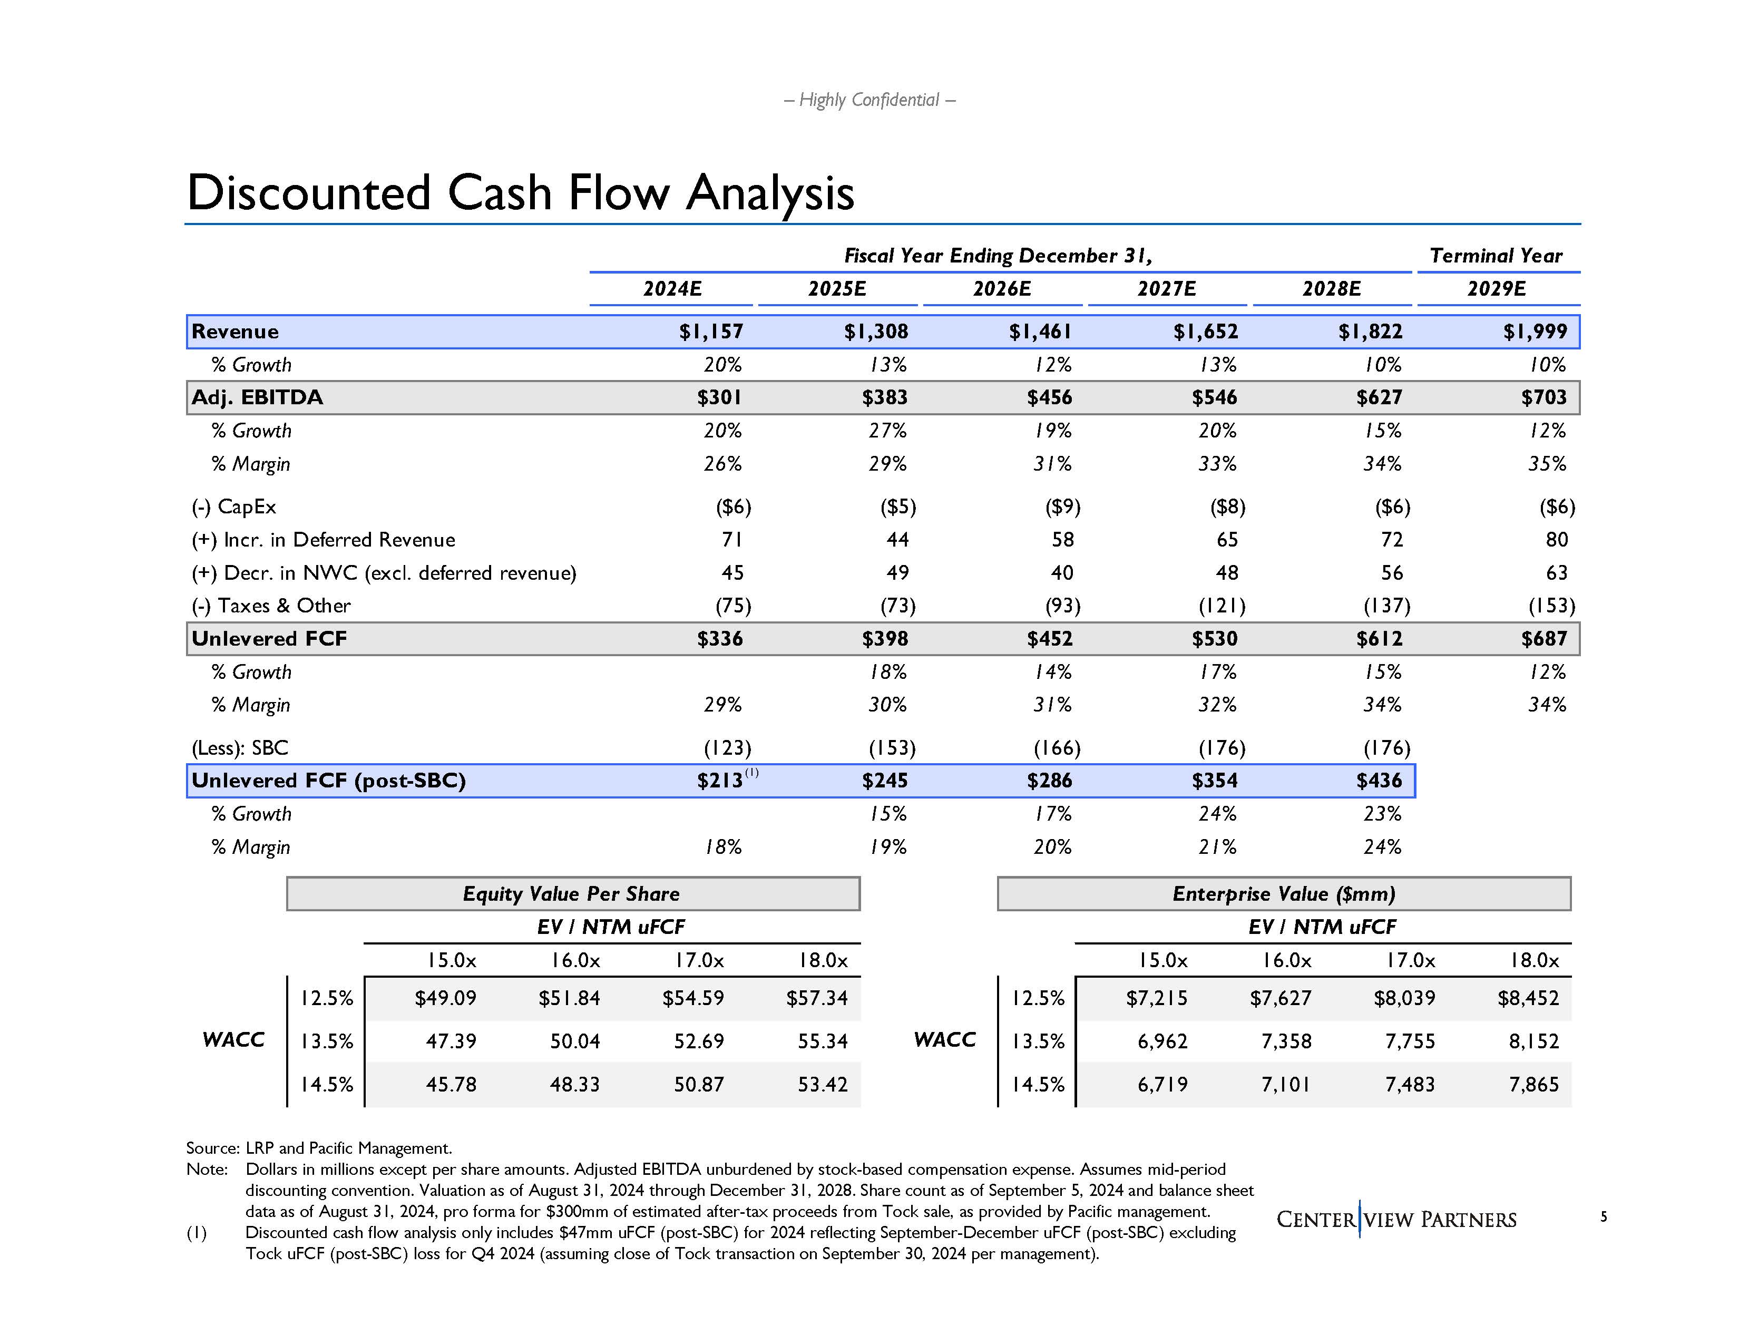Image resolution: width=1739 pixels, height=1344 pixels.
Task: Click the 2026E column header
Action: point(1002,288)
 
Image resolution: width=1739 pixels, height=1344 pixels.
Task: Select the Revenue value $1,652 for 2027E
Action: point(1206,331)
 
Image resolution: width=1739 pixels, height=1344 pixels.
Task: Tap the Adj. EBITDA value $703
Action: point(1543,397)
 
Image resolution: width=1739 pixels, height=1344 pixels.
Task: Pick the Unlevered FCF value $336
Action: point(720,639)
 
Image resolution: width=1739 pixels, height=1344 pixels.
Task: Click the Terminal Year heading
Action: point(1496,256)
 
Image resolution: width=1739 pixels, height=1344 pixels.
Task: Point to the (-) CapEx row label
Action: point(234,507)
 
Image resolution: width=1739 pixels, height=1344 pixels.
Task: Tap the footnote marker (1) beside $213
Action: point(751,772)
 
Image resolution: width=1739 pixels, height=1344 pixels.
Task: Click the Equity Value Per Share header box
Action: point(572,893)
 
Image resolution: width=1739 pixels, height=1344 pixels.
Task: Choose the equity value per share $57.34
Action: point(817,998)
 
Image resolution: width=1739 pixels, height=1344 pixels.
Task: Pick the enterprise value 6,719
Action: point(1162,1084)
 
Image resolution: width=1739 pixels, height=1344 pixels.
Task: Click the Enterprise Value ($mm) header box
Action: point(1284,893)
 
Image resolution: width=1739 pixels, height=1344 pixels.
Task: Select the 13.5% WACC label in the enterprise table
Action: point(1038,1040)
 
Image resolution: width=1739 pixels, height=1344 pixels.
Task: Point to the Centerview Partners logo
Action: point(1396,1219)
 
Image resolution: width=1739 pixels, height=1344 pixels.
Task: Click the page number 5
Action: point(1604,1216)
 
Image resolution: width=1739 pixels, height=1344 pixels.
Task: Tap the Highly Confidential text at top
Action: point(869,100)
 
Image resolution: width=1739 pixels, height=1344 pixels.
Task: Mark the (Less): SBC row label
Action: point(240,748)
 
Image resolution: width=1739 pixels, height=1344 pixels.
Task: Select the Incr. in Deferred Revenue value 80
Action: point(1557,540)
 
